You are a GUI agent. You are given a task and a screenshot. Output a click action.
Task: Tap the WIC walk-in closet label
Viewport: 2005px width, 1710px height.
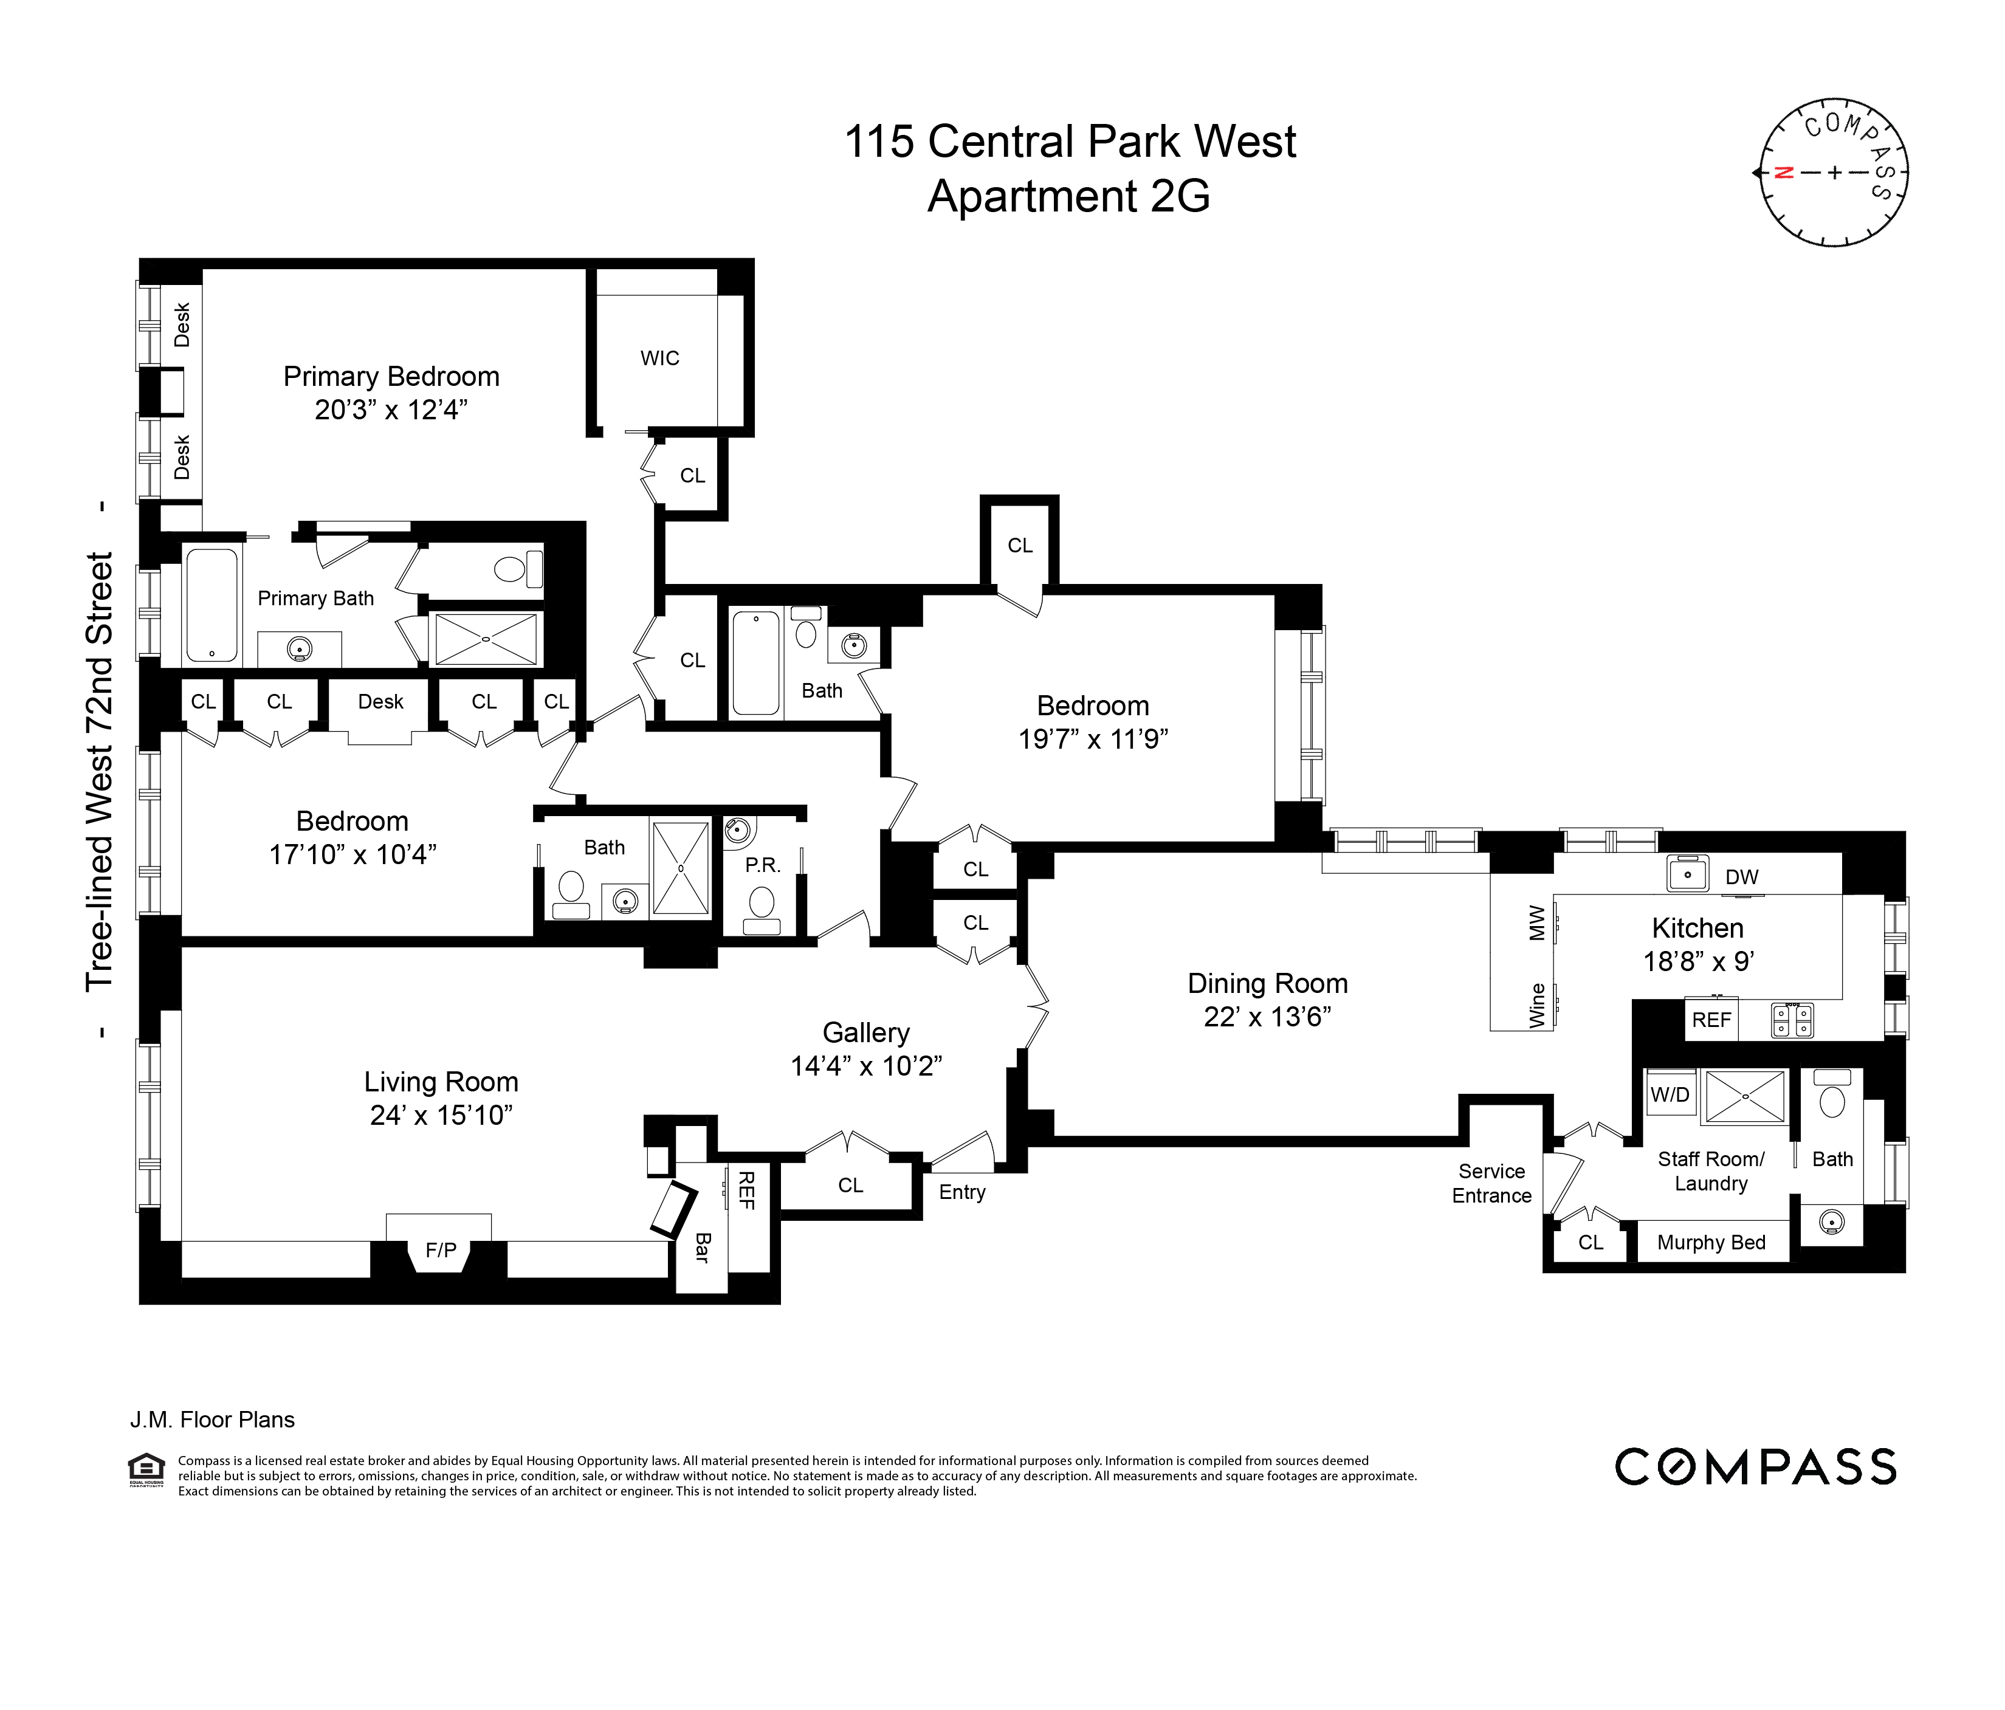pyautogui.click(x=660, y=358)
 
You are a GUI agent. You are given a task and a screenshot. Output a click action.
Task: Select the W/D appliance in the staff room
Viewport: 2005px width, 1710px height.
pyautogui.click(x=1670, y=1094)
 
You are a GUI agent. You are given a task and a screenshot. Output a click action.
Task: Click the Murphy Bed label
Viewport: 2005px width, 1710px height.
pyautogui.click(x=1711, y=1243)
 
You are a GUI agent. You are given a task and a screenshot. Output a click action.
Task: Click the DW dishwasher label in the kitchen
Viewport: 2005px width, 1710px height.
pyautogui.click(x=1742, y=877)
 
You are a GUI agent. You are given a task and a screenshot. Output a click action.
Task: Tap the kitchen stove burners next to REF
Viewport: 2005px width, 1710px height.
pyautogui.click(x=1791, y=1020)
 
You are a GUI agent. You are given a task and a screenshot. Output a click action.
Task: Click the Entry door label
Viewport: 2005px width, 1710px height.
pyautogui.click(x=962, y=1192)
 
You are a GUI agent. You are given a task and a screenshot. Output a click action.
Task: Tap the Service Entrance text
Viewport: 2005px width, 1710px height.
pyautogui.click(x=1491, y=1184)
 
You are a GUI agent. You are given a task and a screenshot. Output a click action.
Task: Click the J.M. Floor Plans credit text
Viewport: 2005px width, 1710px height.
pyautogui.click(x=212, y=1420)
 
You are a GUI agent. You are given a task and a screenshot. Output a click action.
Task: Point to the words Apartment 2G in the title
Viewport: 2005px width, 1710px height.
pyautogui.click(x=1068, y=196)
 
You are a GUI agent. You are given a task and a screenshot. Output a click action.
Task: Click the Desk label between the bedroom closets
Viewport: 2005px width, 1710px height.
pyautogui.click(x=380, y=702)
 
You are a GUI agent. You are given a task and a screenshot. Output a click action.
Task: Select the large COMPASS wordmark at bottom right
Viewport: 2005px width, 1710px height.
pyautogui.click(x=1755, y=1467)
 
